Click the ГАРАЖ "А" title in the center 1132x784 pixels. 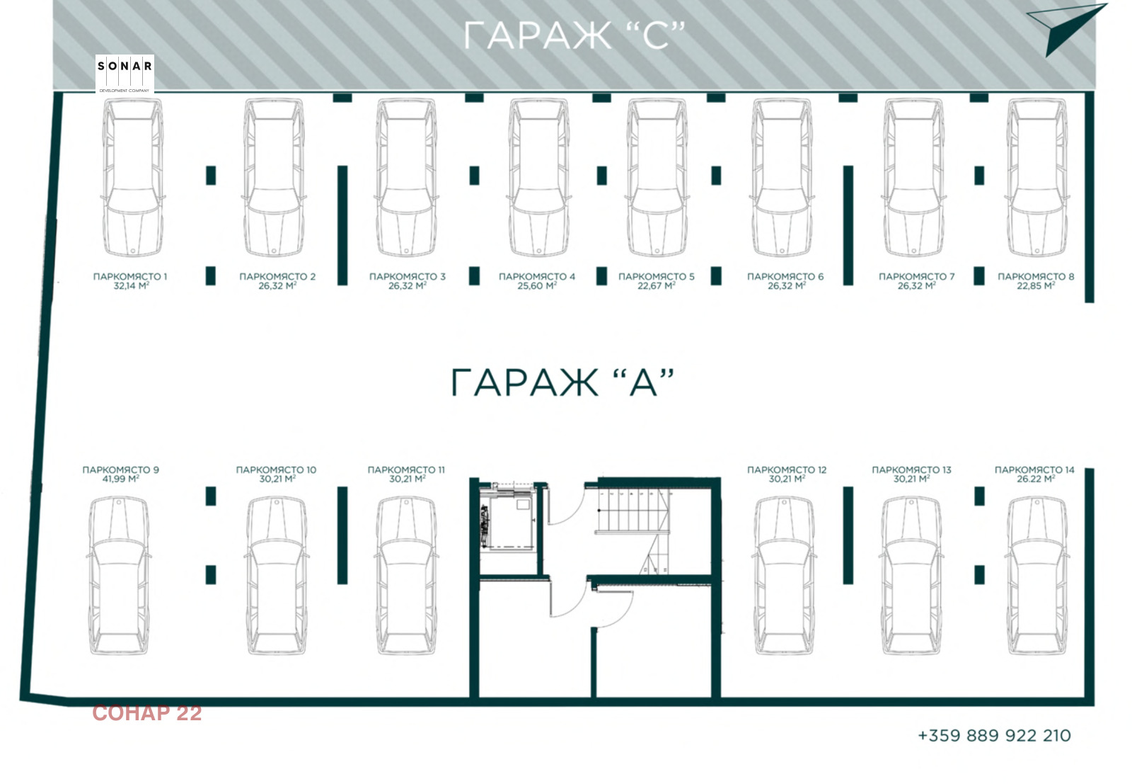point(562,382)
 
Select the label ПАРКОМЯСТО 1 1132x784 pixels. point(130,276)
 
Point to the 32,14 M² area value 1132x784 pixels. point(131,286)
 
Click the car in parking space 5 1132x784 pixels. point(657,177)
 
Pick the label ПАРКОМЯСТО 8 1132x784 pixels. point(1036,276)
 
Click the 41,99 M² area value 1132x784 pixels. point(120,479)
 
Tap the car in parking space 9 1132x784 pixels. point(120,575)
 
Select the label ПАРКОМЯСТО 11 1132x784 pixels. point(406,470)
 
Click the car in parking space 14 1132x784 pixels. point(1035,575)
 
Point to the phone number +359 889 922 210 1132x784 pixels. point(994,736)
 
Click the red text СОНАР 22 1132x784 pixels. point(147,713)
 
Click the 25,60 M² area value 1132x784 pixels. point(536,286)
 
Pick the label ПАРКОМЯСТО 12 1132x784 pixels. point(787,470)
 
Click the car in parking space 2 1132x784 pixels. point(275,177)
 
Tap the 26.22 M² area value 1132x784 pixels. point(1035,479)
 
